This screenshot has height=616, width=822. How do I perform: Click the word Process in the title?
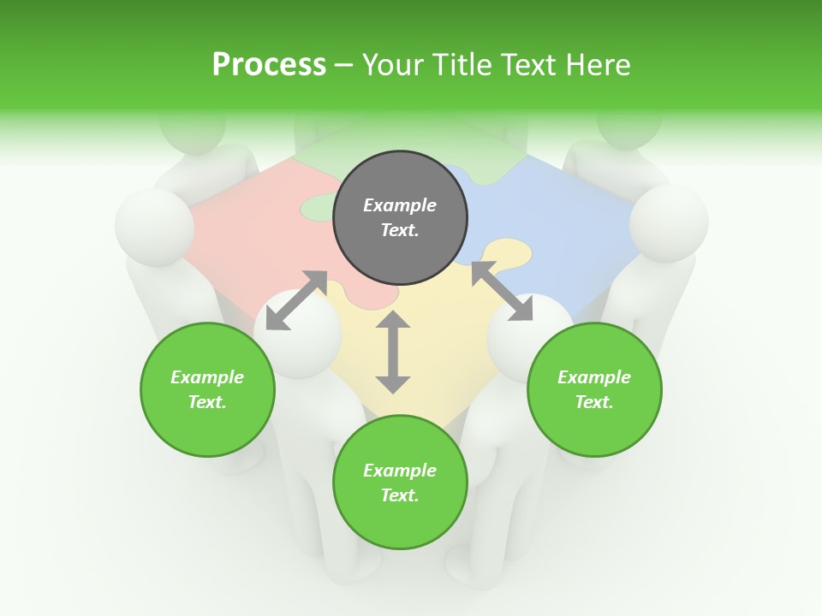(269, 65)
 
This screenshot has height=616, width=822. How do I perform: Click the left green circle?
(207, 389)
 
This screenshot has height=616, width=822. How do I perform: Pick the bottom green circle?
(400, 483)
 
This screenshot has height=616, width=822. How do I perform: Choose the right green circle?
(594, 389)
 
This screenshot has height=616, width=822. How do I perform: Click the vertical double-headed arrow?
(393, 352)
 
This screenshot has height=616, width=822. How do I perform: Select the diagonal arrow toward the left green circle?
(296, 300)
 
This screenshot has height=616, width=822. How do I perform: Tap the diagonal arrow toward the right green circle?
(501, 292)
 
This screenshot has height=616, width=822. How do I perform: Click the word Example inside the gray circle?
(400, 205)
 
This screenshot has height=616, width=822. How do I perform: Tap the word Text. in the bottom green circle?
(400, 495)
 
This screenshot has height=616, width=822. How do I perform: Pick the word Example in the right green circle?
(594, 377)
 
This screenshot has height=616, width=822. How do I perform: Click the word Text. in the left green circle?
(207, 402)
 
